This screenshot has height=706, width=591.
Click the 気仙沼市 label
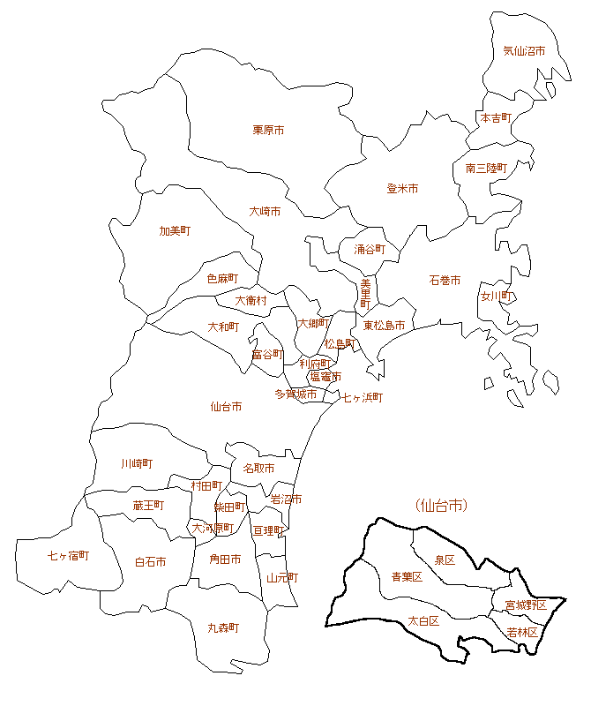coord(524,51)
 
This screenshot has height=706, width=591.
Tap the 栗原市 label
coord(268,130)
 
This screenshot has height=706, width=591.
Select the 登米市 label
coord(402,189)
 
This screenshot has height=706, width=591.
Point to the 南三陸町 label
coord(486,168)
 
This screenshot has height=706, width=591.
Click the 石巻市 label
coord(445,281)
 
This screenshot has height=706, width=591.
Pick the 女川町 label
coord(497,297)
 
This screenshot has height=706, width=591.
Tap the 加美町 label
coord(175,231)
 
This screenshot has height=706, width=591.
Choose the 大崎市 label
coord(265,212)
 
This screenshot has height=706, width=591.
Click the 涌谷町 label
coord(370,250)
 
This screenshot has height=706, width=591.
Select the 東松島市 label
coord(384,326)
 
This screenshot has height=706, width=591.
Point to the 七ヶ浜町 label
coord(363,398)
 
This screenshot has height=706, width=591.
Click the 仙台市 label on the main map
coord(226,407)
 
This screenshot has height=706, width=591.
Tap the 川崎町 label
coord(137,463)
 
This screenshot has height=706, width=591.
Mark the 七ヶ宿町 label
coord(68,556)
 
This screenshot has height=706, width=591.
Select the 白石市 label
coord(150,562)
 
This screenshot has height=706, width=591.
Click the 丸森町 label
coord(223,628)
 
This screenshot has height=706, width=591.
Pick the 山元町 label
coord(282,578)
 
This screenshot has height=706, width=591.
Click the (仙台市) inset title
coord(440,506)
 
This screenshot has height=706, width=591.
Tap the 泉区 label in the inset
coord(445,560)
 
